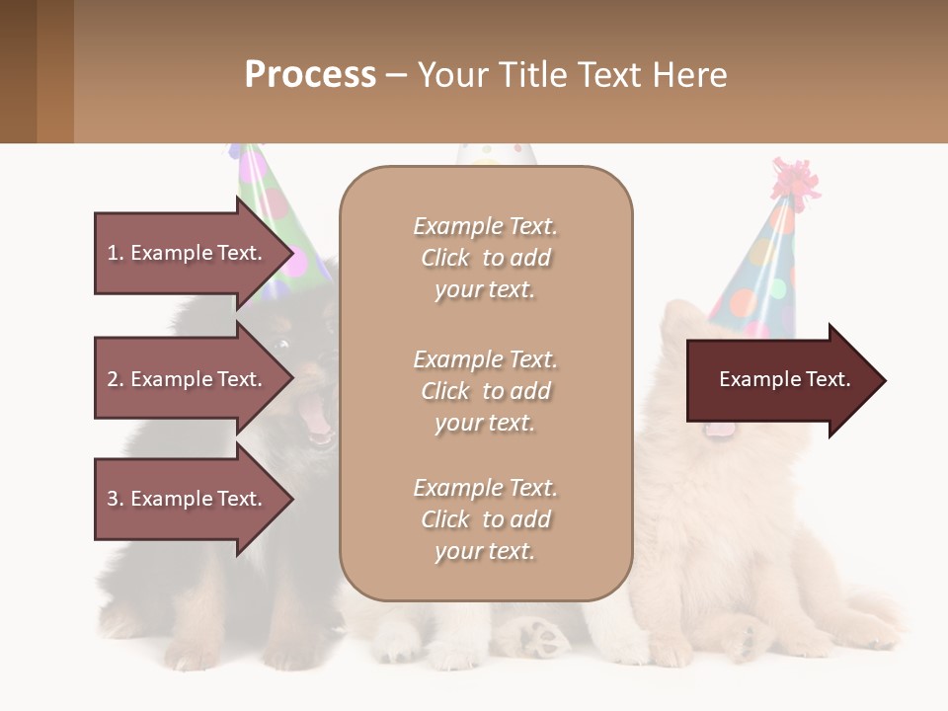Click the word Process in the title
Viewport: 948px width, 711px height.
310,75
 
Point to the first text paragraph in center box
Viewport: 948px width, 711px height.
485,258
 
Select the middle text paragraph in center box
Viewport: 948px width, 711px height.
485,391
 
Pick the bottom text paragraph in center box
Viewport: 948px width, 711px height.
485,519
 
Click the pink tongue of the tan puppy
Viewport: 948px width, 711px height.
720,428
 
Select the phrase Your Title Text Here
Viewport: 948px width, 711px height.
572,75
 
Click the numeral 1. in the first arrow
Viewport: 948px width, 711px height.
115,253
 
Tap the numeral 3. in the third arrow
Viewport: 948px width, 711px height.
115,499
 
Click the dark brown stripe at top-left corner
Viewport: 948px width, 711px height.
18,71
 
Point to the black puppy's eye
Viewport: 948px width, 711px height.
284,345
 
